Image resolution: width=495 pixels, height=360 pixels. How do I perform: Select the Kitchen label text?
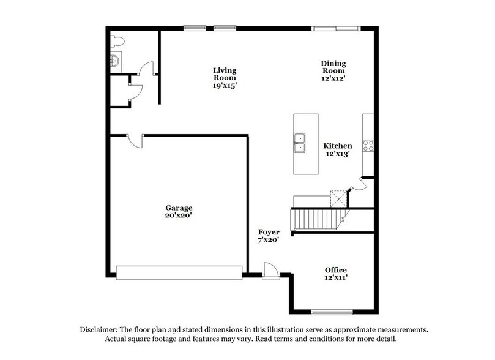click(338, 146)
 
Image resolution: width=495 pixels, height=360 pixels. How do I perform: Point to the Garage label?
click(177, 208)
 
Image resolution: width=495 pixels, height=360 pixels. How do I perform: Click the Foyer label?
click(269, 232)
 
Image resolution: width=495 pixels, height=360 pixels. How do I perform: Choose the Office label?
click(336, 270)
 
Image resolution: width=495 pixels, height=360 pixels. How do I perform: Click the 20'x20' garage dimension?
click(177, 216)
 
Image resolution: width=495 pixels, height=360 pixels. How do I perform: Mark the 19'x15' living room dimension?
click(225, 86)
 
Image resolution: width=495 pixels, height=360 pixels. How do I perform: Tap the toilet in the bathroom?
click(116, 42)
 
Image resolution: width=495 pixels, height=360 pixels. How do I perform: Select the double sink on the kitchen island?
click(300, 143)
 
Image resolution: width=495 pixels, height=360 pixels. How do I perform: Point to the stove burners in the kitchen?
click(368, 145)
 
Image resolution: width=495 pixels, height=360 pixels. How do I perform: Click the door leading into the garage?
click(136, 140)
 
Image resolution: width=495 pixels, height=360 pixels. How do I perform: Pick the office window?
click(332, 312)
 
